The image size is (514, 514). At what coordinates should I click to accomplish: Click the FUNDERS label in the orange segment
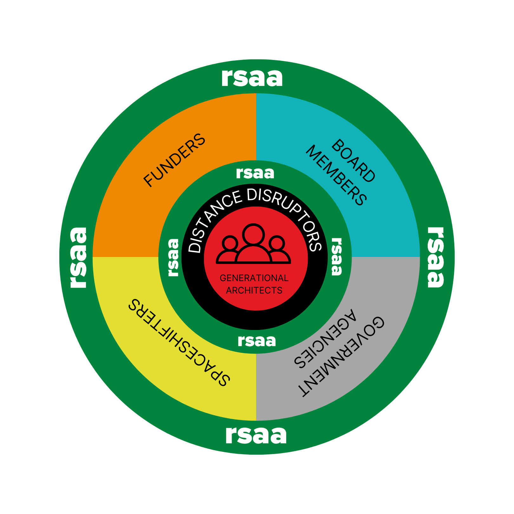coord(175,160)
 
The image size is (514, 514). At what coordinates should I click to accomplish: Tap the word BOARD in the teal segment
coord(353,161)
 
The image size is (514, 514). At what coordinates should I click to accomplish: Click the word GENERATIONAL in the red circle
coord(254,278)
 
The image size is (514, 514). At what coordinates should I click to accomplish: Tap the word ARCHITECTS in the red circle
coord(254,290)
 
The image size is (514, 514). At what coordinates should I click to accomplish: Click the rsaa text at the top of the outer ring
coord(252,78)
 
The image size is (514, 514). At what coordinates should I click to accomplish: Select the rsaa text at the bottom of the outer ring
coord(256,435)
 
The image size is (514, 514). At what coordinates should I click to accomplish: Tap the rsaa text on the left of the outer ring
coord(78,257)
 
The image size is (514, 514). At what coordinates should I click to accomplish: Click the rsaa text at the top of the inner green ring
coord(255,173)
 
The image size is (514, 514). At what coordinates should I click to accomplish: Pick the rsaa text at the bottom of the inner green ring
coord(257,341)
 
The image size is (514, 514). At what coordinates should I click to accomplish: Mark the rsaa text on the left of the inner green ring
coord(174,257)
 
